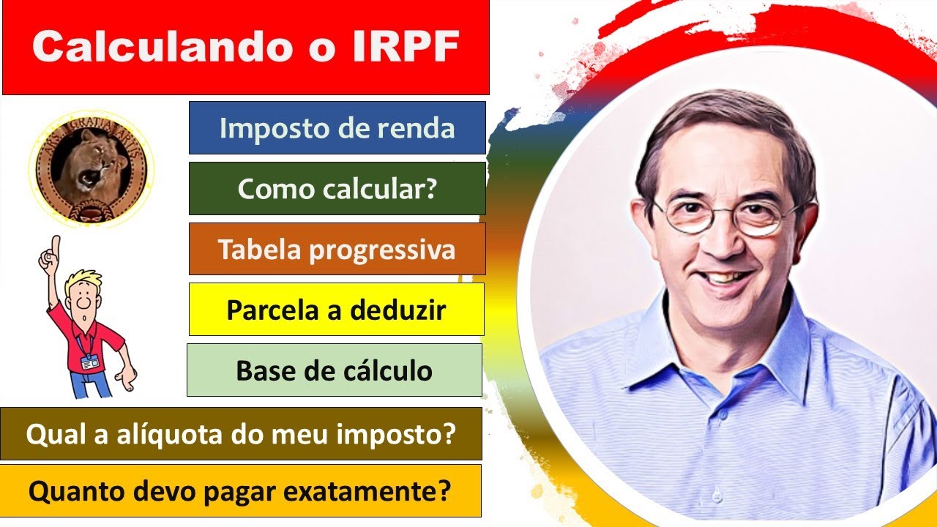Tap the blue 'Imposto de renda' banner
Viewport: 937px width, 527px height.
coord(337,128)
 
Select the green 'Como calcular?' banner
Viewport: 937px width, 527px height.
coord(337,189)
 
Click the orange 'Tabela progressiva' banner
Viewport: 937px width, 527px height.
coord(337,250)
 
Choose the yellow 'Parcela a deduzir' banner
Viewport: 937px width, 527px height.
coord(336,310)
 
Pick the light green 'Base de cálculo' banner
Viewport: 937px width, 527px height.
coord(334,370)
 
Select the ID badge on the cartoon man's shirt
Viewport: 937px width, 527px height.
coord(89,361)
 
